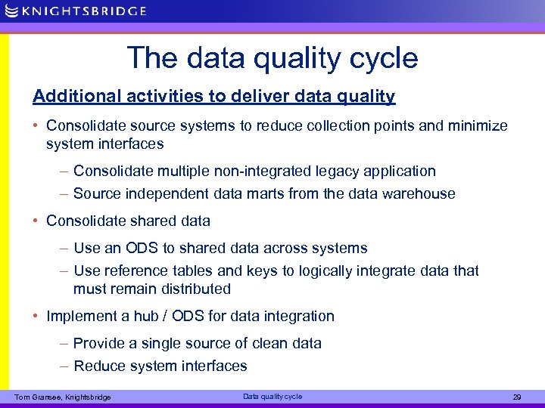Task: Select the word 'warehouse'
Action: [419, 193]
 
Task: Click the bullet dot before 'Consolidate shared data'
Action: [36, 221]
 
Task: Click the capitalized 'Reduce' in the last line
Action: [100, 366]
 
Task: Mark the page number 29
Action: [518, 397]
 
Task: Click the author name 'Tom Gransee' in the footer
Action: [38, 397]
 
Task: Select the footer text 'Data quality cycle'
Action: [272, 397]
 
